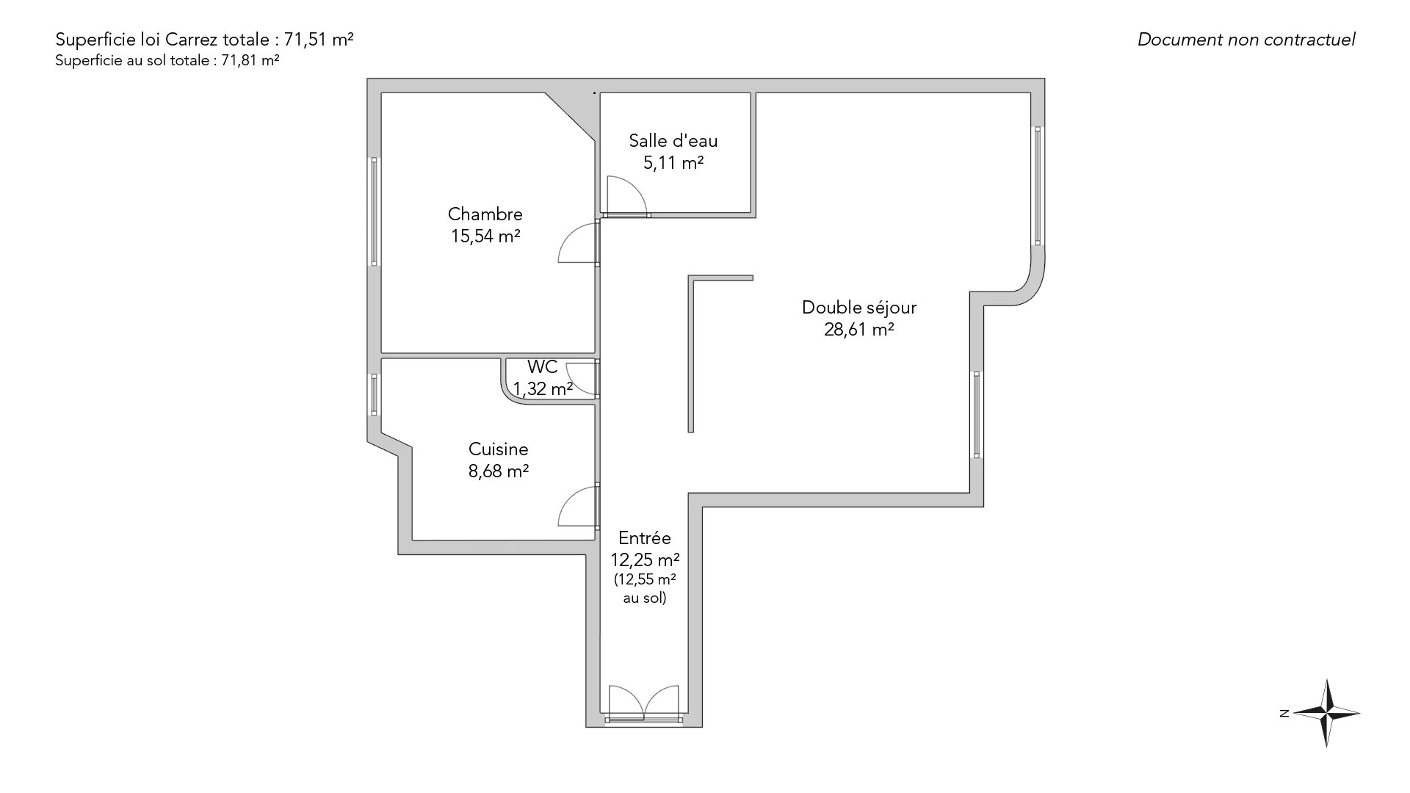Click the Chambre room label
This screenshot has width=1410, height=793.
[x=485, y=214]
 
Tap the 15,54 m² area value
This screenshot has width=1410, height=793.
[x=485, y=236]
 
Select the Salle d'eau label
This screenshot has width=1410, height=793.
[x=673, y=141]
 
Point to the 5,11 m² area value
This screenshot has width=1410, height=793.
[x=673, y=163]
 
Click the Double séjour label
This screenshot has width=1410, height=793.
[x=859, y=308]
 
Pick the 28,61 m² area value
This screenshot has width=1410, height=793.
[x=859, y=330]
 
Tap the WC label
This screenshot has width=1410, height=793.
[x=543, y=367]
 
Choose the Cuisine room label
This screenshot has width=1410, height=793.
[x=499, y=449]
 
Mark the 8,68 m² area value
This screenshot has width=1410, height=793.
[x=499, y=471]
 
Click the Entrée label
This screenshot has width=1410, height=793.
[x=645, y=538]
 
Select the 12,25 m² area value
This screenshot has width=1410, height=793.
[x=645, y=560]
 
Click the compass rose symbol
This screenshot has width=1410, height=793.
[x=1326, y=713]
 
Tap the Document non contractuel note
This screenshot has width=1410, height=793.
[x=1246, y=40]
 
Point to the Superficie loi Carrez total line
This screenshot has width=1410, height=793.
[x=205, y=40]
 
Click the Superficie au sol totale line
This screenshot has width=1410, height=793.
[x=167, y=61]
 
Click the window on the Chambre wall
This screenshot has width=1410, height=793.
[x=374, y=211]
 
